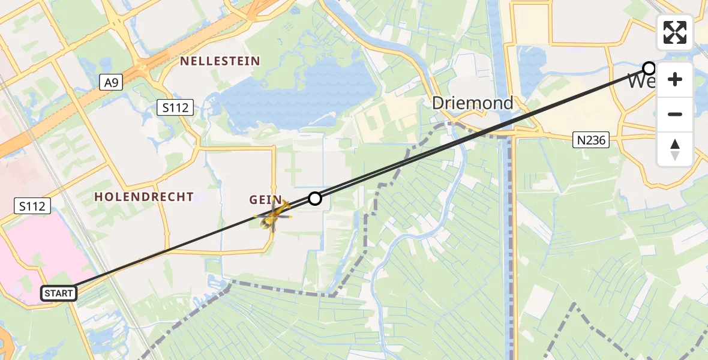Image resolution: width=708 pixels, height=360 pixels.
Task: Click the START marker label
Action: tap(59, 293)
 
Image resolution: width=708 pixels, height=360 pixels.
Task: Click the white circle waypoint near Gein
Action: tap(315, 199)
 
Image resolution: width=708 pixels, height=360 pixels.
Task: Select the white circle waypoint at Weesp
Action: tap(649, 68)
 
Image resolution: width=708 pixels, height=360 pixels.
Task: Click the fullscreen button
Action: tap(675, 32)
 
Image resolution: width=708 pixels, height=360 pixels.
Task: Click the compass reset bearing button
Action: tap(675, 149)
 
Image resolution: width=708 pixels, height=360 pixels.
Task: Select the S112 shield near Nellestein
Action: tap(175, 108)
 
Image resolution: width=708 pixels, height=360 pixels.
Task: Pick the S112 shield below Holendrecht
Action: tap(32, 206)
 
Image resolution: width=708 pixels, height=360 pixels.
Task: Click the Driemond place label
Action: tap(473, 103)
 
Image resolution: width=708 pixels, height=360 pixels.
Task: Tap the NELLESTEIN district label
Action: tap(220, 61)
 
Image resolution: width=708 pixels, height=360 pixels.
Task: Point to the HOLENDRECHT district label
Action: tap(144, 197)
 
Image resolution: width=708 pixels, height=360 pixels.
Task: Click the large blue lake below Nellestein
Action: tap(300, 96)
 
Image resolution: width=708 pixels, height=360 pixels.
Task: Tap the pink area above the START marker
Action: tap(42, 252)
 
